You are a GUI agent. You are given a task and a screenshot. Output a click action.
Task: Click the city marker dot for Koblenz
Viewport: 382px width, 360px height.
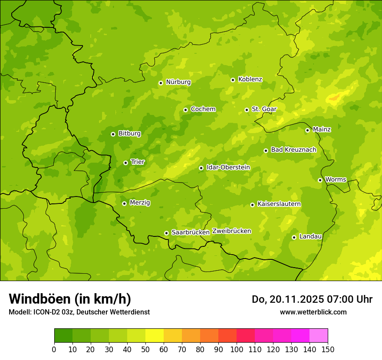pyautogui.click(x=233, y=80)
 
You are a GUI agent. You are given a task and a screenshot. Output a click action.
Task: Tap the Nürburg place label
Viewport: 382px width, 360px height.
pyautogui.click(x=178, y=82)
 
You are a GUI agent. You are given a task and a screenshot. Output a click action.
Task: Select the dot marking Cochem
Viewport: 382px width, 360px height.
pyautogui.click(x=185, y=110)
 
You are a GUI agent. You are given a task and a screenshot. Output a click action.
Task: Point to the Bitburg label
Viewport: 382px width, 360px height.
pyautogui.click(x=129, y=134)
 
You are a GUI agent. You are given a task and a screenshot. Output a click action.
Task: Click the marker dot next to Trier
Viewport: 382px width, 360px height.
pyautogui.click(x=125, y=163)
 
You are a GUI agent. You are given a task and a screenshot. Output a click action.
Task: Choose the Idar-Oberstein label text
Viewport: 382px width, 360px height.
pyautogui.click(x=228, y=167)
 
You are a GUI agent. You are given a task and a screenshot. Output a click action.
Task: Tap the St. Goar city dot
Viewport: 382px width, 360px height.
pyautogui.click(x=247, y=110)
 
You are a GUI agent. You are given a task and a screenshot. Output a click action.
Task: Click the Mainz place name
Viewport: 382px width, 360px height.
pyautogui.click(x=322, y=130)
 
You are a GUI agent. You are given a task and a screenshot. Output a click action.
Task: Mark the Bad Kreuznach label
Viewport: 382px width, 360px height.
pyautogui.click(x=293, y=150)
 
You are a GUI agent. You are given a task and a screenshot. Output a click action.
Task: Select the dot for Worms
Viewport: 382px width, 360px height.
pyautogui.click(x=320, y=180)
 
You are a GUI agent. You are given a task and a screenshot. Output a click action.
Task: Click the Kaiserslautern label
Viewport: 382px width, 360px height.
pyautogui.click(x=279, y=204)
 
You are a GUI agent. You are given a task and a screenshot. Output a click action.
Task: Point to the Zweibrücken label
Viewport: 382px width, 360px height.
pyautogui.click(x=232, y=231)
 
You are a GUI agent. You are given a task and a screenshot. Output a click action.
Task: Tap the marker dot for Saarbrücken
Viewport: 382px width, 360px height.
pyautogui.click(x=166, y=233)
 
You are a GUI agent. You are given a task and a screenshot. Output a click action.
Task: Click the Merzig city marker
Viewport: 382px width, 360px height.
pyautogui.click(x=124, y=203)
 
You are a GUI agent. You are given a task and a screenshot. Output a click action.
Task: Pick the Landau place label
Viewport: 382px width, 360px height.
pyautogui.click(x=310, y=236)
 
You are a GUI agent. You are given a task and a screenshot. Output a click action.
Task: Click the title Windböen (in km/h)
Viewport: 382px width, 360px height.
pyautogui.click(x=69, y=299)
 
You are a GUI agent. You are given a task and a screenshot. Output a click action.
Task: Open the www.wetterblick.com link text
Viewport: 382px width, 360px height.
pyautogui.click(x=313, y=312)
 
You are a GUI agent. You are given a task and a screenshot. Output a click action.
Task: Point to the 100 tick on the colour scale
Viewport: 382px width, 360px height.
pyautogui.click(x=237, y=349)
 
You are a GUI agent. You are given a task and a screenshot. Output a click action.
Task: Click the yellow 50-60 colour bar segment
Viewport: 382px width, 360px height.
pyautogui.click(x=155, y=335)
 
